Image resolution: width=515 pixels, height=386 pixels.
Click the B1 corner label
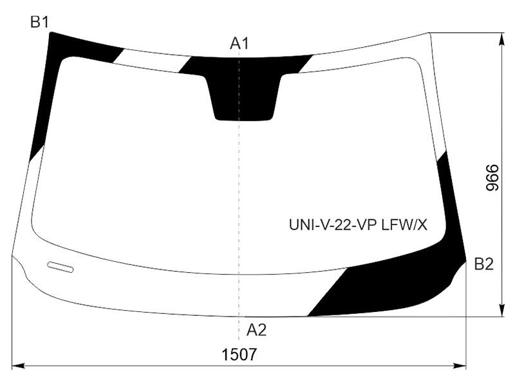coord(39,23)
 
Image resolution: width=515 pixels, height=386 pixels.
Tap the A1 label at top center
coord(239,43)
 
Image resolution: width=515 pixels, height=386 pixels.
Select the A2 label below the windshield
coord(256,330)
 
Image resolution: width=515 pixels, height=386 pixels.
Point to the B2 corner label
coord(484,264)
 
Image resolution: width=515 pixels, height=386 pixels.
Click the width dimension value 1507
coord(239,355)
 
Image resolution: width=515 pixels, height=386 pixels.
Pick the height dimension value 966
coord(492,178)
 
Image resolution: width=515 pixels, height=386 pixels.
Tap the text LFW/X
coord(404,225)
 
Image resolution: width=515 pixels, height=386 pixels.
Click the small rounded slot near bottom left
coord(61,267)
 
